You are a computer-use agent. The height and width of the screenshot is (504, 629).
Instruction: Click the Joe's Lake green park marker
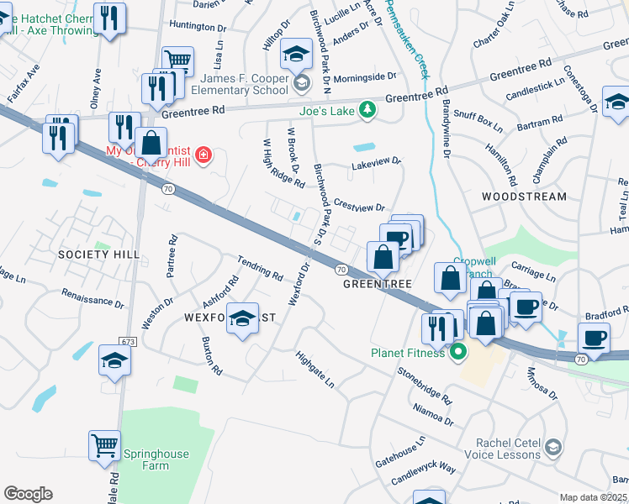[x=367, y=109]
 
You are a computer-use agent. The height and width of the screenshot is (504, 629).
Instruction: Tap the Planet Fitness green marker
[x=458, y=352]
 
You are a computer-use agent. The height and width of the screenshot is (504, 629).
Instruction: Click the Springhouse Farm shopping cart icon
[x=104, y=445]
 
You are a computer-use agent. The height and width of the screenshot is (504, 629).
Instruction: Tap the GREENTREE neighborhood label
[x=377, y=284]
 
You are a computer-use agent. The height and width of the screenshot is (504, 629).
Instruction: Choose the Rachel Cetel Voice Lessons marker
[x=552, y=445]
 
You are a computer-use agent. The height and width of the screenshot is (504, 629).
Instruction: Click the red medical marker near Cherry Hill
[x=203, y=155]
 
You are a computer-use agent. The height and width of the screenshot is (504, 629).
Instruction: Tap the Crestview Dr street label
[x=359, y=206]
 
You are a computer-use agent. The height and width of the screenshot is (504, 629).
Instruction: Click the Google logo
[x=28, y=493]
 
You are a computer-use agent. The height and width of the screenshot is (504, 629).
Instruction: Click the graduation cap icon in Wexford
[x=243, y=318]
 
